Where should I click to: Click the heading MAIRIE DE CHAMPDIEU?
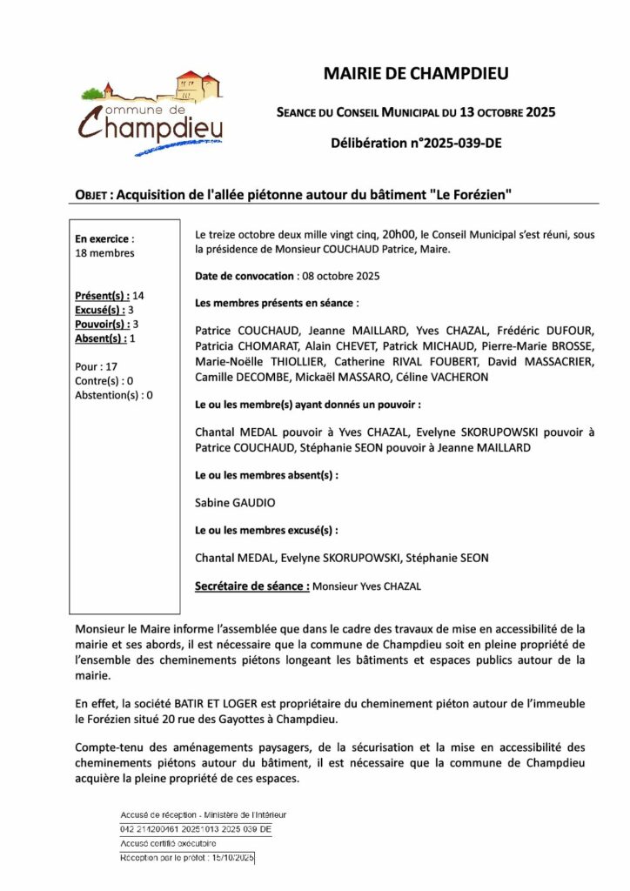tap(416, 75)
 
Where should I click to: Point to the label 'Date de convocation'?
tap(245, 276)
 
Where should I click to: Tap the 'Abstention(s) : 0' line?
tap(114, 395)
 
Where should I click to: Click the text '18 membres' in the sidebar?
tap(105, 253)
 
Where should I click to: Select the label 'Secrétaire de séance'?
tap(251, 586)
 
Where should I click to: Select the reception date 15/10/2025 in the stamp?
tap(231, 858)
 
